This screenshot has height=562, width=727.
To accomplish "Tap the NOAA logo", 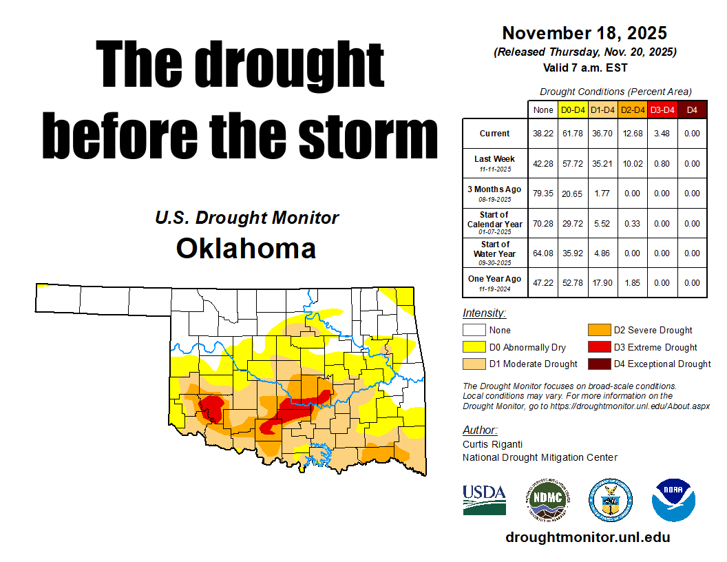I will pos(674,499).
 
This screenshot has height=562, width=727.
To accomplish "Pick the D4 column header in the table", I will pos(692,110).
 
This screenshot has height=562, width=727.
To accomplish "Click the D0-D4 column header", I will pos(573,110).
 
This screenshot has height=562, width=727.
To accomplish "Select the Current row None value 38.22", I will pos(543,134).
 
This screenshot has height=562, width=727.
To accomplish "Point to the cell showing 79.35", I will pos(543,194).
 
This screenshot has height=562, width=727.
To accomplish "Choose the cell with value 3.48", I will pos(662,134).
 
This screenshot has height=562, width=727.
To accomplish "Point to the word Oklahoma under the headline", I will pos(246,248).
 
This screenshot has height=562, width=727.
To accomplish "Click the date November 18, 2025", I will pos(584,32).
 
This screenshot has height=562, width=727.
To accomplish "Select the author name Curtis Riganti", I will pos(493,444).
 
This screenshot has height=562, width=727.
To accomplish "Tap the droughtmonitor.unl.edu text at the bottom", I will pos(587,537).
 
